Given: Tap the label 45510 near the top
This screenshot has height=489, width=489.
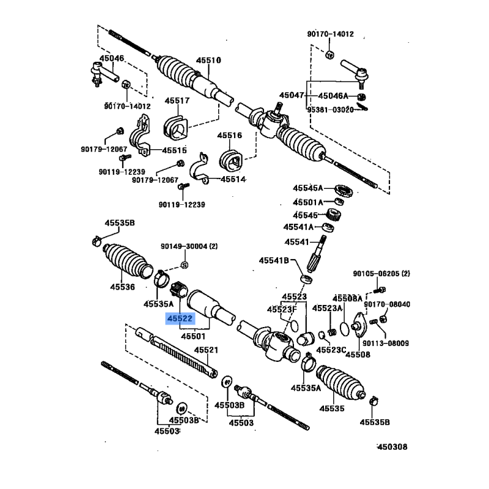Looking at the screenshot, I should click(208, 61).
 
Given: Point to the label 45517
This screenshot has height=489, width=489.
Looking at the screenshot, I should click(177, 101).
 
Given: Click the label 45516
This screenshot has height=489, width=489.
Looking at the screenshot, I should click(230, 135).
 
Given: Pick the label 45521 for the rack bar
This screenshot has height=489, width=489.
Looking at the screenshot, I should click(206, 350).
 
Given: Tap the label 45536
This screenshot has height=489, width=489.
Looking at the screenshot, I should click(122, 285).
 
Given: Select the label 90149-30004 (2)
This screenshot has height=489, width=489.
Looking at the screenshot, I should click(189, 246).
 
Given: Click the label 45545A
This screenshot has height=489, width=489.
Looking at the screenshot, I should click(308, 188).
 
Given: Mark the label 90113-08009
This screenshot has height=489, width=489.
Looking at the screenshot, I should click(385, 343).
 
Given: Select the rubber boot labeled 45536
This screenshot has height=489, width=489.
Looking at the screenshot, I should click(127, 262).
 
